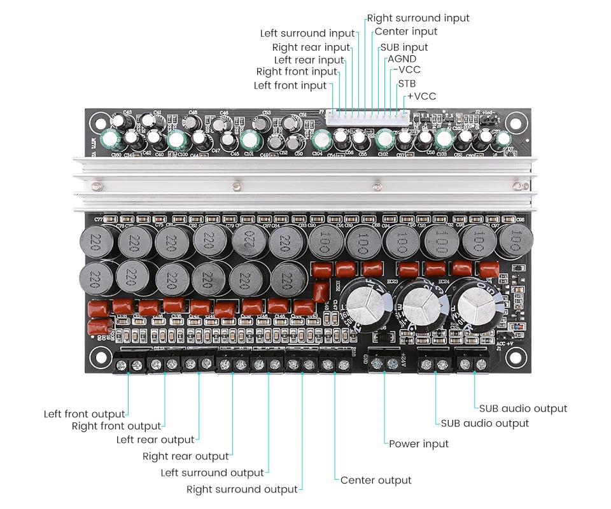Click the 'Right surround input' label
click(418, 18)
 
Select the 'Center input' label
click(405, 32)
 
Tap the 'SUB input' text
click(404, 47)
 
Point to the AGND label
click(402, 59)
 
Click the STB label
click(407, 83)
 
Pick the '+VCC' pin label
click(421, 96)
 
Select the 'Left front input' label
click(290, 85)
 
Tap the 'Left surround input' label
click(307, 33)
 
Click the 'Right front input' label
click(297, 72)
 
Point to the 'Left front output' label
click(84, 414)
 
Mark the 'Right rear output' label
click(185, 456)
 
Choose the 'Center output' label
click(376, 480)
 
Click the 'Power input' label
click(419, 443)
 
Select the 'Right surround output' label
click(242, 489)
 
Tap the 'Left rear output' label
click(155, 440)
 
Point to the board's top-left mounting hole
click(99, 120)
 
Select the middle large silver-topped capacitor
click(421, 304)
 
